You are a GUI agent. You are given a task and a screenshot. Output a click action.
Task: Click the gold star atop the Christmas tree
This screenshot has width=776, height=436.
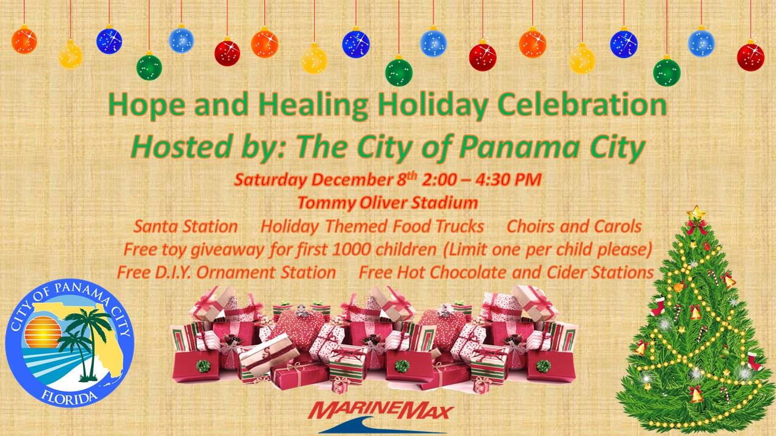[x=696, y=213]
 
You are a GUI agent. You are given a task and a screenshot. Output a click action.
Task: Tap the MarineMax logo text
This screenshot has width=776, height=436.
[x=381, y=411]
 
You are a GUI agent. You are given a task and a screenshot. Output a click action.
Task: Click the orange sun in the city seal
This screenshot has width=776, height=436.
[x=42, y=332]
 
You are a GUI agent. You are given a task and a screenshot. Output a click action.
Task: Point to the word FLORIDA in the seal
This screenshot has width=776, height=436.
[x=69, y=397]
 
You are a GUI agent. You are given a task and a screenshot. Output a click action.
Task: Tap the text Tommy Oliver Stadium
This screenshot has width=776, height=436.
[x=387, y=202]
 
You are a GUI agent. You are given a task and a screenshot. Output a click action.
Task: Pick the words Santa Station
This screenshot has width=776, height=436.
[x=186, y=226]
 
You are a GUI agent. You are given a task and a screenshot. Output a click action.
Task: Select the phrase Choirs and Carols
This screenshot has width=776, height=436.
[x=574, y=226]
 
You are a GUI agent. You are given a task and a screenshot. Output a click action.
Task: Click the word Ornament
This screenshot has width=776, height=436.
[x=236, y=272]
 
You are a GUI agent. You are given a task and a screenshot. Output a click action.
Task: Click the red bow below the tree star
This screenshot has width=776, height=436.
[x=697, y=226]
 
